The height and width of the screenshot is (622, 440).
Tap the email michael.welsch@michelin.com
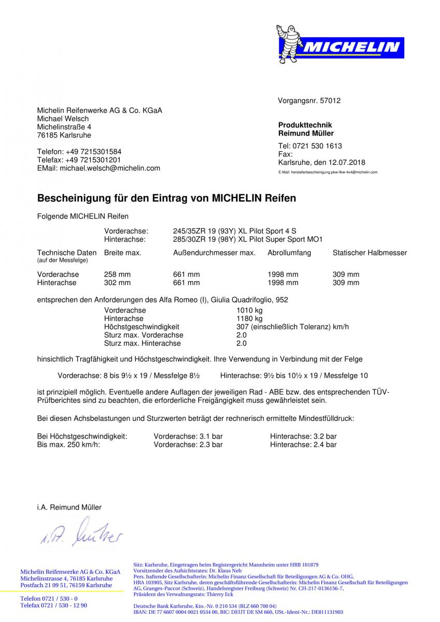pyautogui.click(x=110, y=168)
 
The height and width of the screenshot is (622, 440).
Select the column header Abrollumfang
pyautogui.click(x=289, y=253)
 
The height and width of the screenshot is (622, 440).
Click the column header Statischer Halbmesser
pyautogui.click(x=370, y=253)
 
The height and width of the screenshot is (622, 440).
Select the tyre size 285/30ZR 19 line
pyautogui.click(x=248, y=239)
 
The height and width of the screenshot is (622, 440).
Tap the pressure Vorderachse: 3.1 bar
pyautogui.click(x=188, y=436)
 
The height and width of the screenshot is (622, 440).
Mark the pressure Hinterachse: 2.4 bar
pyautogui.click(x=303, y=445)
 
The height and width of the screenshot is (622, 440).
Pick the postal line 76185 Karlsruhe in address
pyautogui.click(x=64, y=135)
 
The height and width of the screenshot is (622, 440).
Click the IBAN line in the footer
pyautogui.click(x=238, y=612)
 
